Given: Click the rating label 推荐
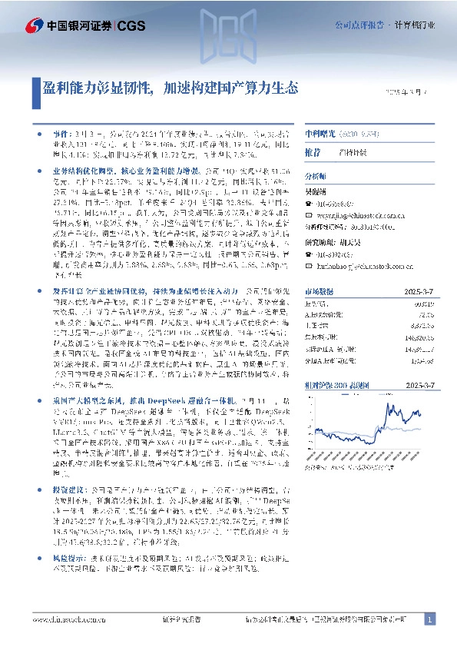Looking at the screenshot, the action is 313,152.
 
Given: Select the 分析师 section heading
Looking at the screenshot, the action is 316,175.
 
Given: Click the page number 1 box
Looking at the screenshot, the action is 431,619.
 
